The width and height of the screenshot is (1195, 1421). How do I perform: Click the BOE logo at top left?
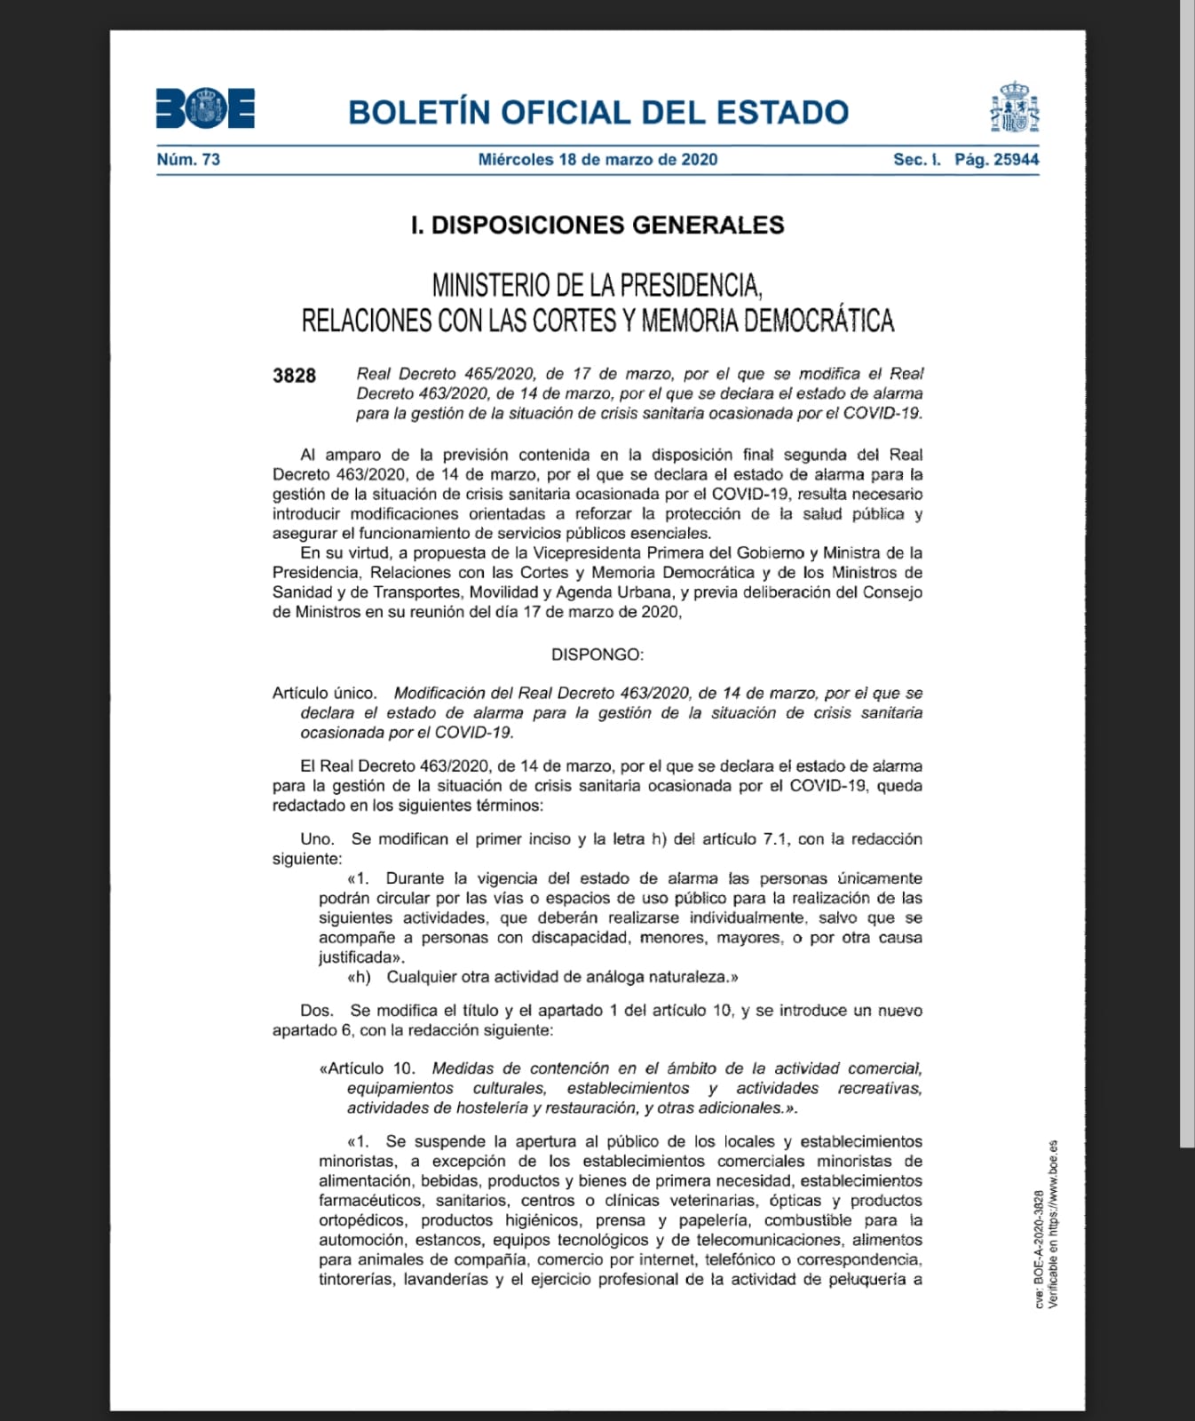click(205, 108)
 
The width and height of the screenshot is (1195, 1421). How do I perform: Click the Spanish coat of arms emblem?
click(1014, 107)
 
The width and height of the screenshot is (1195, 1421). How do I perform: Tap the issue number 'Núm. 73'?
click(188, 160)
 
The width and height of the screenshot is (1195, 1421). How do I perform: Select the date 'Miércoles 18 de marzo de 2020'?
click(597, 160)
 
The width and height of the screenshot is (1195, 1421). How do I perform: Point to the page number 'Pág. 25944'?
click(996, 160)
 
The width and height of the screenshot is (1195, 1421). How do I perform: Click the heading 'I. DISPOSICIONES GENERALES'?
click(597, 225)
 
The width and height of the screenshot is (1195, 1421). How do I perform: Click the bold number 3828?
click(294, 376)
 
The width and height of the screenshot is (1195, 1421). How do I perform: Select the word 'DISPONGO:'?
click(597, 655)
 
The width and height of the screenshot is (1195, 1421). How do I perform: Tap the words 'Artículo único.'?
click(324, 693)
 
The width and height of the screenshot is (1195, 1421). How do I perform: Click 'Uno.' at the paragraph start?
click(317, 839)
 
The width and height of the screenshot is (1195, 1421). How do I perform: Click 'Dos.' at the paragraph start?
click(317, 1011)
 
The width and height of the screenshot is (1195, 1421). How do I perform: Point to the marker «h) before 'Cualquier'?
click(359, 977)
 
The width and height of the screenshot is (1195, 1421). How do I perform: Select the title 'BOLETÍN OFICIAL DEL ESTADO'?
click(598, 113)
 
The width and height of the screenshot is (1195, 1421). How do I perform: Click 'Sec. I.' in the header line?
click(916, 160)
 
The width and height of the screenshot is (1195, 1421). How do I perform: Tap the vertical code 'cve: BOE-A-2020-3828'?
click(1039, 1248)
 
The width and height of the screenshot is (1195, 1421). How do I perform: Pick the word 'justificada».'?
click(361, 957)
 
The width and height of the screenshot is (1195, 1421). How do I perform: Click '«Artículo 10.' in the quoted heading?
click(367, 1068)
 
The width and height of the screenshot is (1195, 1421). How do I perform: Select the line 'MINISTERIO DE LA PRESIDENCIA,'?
click(597, 285)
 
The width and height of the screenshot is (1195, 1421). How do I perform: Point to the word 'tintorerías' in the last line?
click(356, 1280)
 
